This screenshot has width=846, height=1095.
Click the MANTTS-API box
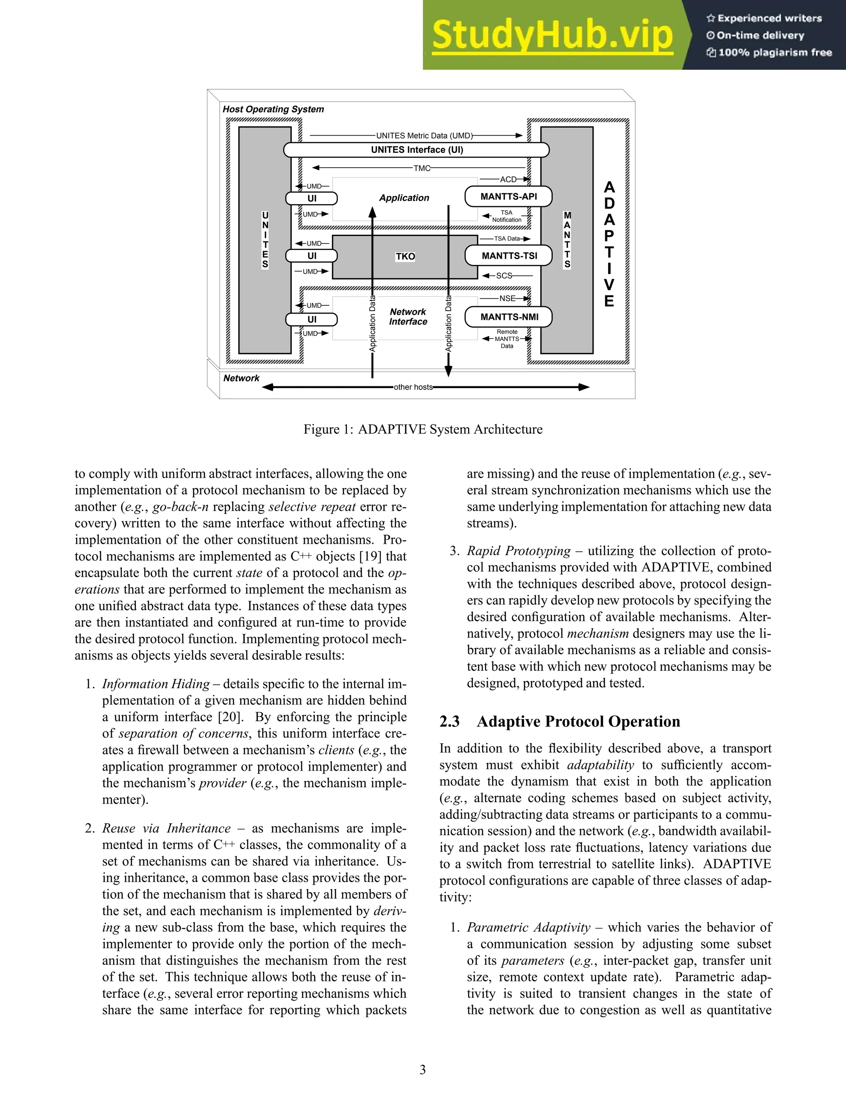pyautogui.click(x=508, y=197)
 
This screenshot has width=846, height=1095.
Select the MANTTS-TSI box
pyautogui.click(x=509, y=256)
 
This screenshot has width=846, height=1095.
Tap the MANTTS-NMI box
pyautogui.click(x=509, y=317)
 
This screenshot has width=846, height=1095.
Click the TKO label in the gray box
pyautogui.click(x=405, y=257)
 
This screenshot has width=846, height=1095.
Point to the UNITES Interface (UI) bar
pyautogui.click(x=416, y=150)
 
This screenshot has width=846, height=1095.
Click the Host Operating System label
pyautogui.click(x=273, y=109)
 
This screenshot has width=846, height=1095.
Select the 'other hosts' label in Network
pyautogui.click(x=413, y=387)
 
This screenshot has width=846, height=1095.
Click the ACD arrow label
pyautogui.click(x=508, y=179)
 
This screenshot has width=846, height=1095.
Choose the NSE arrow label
pyautogui.click(x=507, y=298)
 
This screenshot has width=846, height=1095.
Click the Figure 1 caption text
pyautogui.click(x=423, y=429)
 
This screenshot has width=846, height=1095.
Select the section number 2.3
pyautogui.click(x=449, y=721)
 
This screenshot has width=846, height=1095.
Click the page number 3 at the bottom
pyautogui.click(x=423, y=1069)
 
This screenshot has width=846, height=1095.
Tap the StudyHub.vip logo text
pyautogui.click(x=552, y=35)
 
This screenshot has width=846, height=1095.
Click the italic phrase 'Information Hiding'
pyautogui.click(x=156, y=684)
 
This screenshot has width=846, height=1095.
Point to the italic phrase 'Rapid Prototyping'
pyautogui.click(x=518, y=551)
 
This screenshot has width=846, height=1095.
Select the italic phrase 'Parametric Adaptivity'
pyautogui.click(x=528, y=928)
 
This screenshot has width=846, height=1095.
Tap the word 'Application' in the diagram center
pyautogui.click(x=404, y=198)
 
